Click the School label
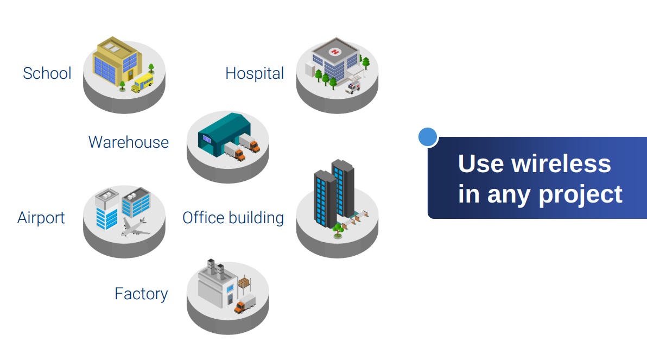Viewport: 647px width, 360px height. pyautogui.click(x=47, y=73)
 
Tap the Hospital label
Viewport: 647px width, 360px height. pyautogui.click(x=255, y=73)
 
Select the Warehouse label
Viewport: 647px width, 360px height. pyautogui.click(x=128, y=142)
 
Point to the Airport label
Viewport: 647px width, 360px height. pyautogui.click(x=41, y=218)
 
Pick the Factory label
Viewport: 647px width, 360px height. pyautogui.click(x=141, y=294)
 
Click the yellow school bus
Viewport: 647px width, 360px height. pyautogui.click(x=142, y=84)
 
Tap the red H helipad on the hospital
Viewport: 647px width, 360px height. pyautogui.click(x=335, y=52)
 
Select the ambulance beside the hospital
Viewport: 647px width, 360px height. pyautogui.click(x=353, y=87)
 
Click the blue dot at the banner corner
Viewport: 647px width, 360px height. pyautogui.click(x=428, y=137)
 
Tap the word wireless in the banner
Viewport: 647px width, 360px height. pyautogui.click(x=561, y=164)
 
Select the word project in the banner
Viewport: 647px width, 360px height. pyautogui.click(x=581, y=195)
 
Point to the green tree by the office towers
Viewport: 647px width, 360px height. pyautogui.click(x=338, y=230)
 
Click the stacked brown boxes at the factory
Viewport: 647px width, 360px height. pyautogui.click(x=244, y=283)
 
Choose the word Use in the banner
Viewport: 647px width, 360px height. pyautogui.click(x=481, y=164)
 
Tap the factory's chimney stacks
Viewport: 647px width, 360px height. pyautogui.click(x=216, y=268)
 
